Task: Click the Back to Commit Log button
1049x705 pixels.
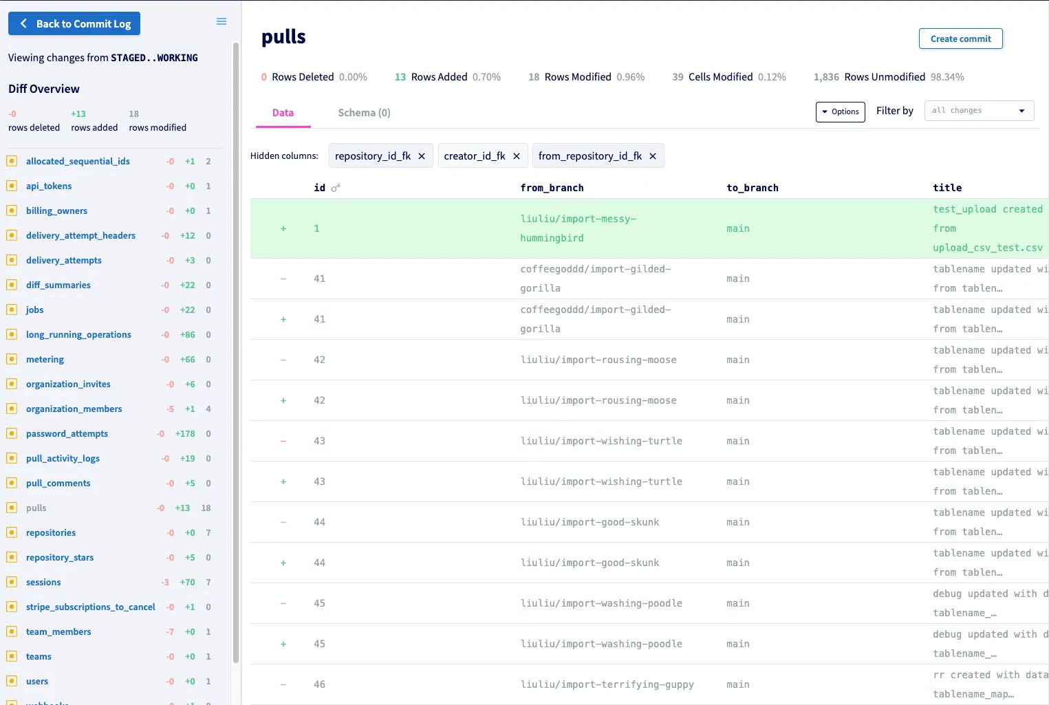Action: (74, 23)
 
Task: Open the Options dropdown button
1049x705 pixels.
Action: (840, 111)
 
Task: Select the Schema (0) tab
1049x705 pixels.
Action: (364, 113)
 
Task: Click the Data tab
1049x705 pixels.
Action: (283, 113)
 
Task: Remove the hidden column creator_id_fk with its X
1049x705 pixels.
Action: (517, 156)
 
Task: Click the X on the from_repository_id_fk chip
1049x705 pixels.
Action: (653, 156)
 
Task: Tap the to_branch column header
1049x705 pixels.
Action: (753, 188)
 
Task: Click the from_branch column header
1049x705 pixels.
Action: (552, 188)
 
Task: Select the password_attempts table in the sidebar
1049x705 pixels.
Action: (67, 433)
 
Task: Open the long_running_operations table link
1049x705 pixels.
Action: (78, 334)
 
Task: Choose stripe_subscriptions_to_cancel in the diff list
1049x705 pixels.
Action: (90, 607)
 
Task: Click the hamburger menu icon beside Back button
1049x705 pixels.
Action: (221, 21)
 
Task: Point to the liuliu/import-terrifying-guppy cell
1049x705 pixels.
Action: (607, 684)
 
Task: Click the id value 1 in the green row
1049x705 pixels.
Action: (317, 228)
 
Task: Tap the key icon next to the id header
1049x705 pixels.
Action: (336, 188)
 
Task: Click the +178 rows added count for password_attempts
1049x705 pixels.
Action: (185, 433)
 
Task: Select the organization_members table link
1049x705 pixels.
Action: (74, 409)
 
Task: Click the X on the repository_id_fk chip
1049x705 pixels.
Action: (422, 156)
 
